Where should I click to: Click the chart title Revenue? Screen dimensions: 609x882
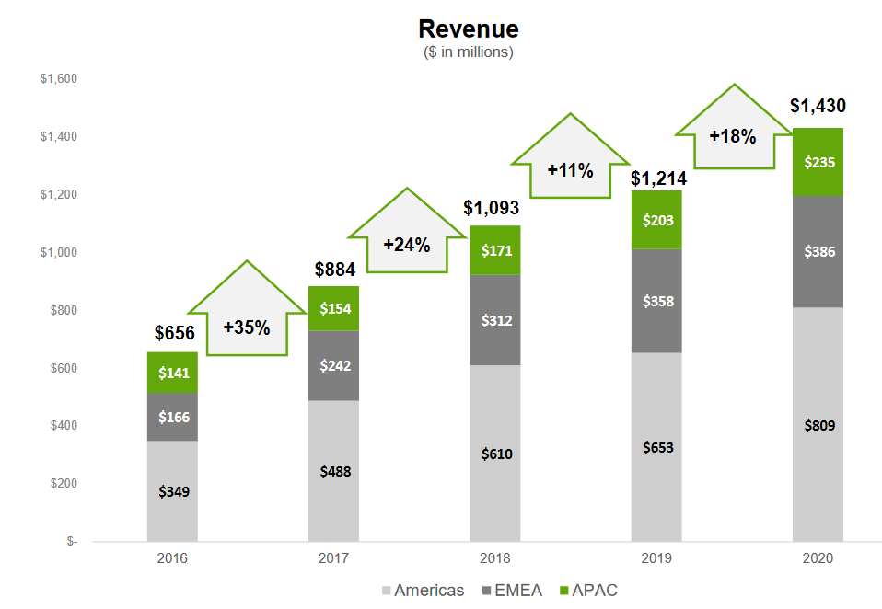468,29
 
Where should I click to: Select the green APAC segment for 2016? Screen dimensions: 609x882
172,373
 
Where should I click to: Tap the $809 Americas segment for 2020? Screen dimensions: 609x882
818,424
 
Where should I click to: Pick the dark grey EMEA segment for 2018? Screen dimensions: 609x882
495,320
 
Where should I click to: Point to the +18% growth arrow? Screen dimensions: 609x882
733,132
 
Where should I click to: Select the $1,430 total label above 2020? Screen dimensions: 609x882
818,106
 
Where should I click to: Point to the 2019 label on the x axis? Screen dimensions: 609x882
656,558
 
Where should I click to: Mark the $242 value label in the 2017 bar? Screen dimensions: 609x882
334,365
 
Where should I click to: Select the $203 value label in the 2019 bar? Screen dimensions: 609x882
656,220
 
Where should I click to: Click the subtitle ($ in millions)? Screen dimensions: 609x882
468,52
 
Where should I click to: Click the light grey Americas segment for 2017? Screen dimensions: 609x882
334,471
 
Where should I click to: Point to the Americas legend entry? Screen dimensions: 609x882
422,590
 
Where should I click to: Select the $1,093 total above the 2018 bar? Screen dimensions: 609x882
495,207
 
